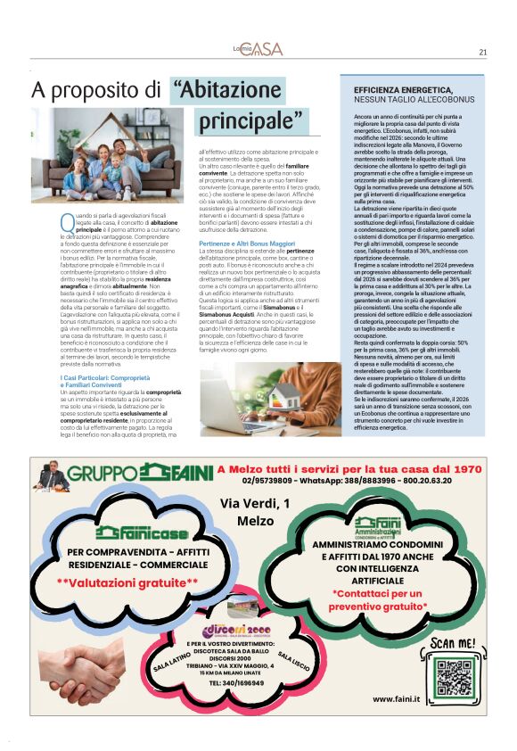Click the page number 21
(x=482, y=52)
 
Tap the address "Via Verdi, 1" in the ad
(x=255, y=505)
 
